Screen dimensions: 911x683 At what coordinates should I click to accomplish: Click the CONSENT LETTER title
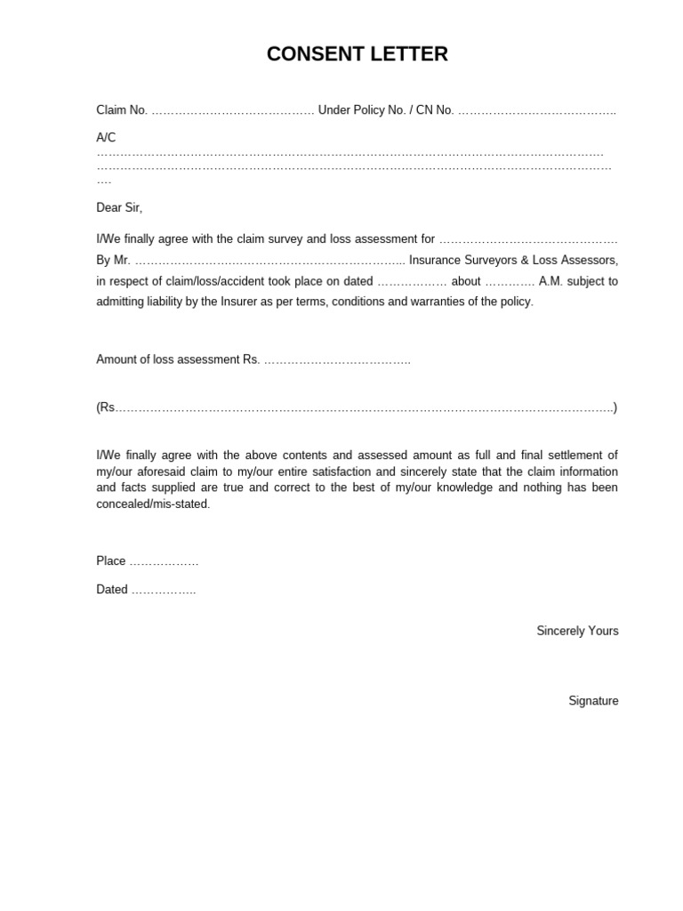click(x=357, y=55)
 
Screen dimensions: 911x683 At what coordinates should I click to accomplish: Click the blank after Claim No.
click(x=232, y=111)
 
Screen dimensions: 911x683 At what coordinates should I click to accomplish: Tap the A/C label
click(x=106, y=137)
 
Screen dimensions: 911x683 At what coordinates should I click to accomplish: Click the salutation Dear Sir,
click(x=119, y=207)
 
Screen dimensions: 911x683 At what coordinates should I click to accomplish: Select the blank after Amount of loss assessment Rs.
click(x=337, y=360)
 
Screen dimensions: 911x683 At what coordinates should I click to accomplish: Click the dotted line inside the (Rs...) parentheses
click(x=365, y=408)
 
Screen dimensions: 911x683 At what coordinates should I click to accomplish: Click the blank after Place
click(x=164, y=562)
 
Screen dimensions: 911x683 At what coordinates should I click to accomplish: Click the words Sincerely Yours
click(x=577, y=631)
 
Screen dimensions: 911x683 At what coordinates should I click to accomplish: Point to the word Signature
click(x=593, y=701)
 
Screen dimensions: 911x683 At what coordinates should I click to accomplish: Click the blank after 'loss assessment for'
click(x=528, y=240)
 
